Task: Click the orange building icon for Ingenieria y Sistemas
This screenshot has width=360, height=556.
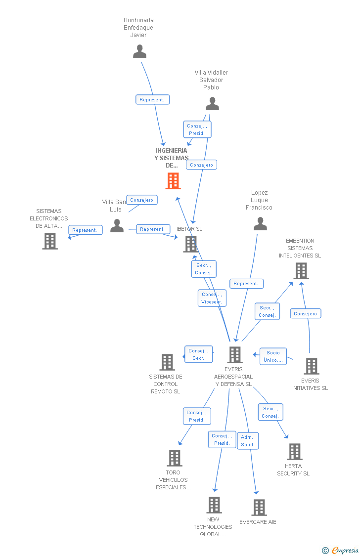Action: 173,181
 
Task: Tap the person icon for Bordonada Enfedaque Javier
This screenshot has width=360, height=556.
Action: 140,51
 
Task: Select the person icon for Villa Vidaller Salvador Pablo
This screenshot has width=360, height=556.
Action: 212,104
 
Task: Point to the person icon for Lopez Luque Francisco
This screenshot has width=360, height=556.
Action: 260,224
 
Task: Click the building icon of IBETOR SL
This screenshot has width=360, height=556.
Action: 191,244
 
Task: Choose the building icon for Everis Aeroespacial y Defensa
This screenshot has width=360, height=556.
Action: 235,354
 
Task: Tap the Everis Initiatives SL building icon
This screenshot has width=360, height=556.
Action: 311,366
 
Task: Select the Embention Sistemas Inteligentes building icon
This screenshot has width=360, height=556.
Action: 301,271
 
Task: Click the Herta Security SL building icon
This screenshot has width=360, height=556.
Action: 295,452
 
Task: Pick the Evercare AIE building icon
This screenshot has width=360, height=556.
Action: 259,508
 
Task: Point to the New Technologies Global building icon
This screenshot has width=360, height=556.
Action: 214,505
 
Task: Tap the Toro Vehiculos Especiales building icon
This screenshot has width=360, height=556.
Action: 175,458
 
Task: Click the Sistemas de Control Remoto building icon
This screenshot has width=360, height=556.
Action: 167,362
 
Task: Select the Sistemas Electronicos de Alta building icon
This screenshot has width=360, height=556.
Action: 50,241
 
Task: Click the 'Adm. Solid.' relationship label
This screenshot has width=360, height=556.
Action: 248,441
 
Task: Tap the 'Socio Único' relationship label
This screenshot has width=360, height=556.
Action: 273,356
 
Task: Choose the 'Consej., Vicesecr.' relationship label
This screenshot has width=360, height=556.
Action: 212,298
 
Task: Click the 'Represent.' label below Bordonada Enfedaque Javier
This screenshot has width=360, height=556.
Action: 152,100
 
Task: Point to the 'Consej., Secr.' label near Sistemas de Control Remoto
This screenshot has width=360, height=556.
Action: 198,354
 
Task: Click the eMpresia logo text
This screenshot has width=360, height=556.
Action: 345,550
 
